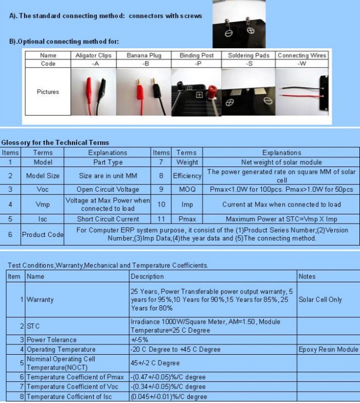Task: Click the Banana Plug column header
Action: click(143, 55)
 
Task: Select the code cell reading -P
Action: click(197, 63)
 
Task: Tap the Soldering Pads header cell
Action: click(248, 55)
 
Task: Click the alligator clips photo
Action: click(94, 92)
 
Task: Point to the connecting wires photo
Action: click(302, 93)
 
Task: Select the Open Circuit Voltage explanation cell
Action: click(107, 189)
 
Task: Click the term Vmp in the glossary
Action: click(43, 204)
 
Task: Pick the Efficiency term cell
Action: click(187, 175)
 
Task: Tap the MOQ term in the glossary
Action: click(187, 189)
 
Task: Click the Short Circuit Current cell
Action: click(107, 219)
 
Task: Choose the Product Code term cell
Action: click(43, 234)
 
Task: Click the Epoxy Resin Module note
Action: click(328, 350)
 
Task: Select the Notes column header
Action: click(307, 277)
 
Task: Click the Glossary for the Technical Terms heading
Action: click(55, 142)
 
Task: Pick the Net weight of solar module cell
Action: click(281, 162)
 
